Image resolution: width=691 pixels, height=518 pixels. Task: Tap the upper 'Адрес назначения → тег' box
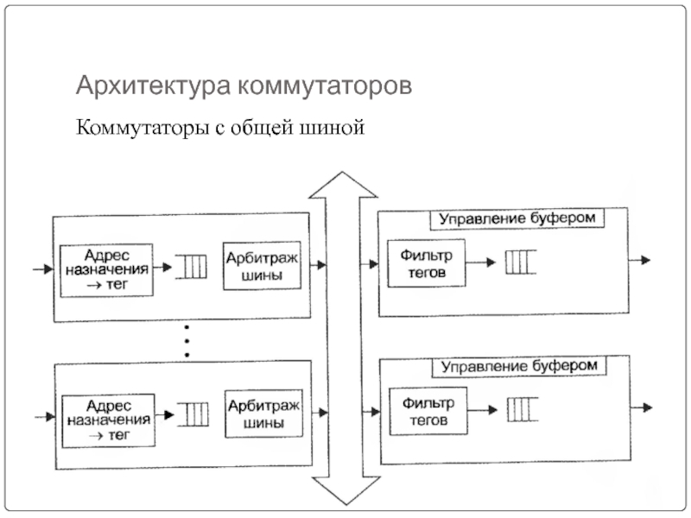coord(106,269)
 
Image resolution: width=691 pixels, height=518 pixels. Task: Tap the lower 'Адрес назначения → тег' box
coord(107,419)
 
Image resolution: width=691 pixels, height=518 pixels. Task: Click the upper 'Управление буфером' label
coord(517,218)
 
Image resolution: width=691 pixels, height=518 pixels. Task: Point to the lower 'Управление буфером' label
coord(519,366)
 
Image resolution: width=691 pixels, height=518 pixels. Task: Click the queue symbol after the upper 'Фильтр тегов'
coord(520,261)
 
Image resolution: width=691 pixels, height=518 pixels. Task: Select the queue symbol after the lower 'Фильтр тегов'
coord(521,407)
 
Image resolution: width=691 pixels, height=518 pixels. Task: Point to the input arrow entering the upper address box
coord(42,269)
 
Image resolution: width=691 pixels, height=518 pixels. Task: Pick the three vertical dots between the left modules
coord(187,341)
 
